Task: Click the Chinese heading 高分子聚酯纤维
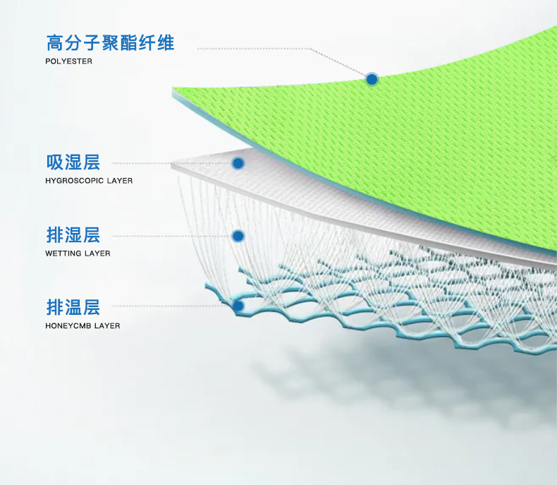(x=110, y=43)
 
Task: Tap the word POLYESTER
(x=68, y=61)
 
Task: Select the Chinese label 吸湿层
(x=73, y=163)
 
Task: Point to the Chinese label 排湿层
(x=73, y=235)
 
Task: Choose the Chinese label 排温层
(x=73, y=307)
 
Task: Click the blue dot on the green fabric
(x=372, y=79)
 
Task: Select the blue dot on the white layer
(x=238, y=163)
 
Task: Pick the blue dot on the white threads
(x=238, y=236)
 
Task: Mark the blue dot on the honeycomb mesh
(x=238, y=306)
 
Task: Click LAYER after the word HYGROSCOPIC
(x=120, y=181)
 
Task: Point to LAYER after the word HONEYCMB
(x=107, y=326)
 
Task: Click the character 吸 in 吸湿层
(x=55, y=163)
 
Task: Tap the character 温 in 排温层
(x=73, y=307)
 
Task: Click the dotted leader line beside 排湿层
(x=169, y=235)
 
